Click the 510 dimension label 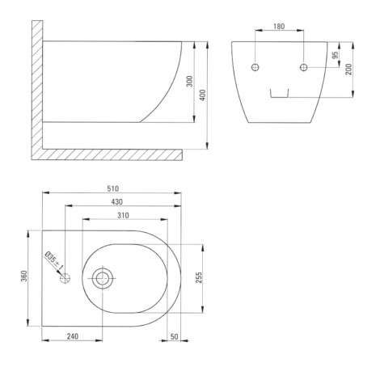[112, 188]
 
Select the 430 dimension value [116, 201]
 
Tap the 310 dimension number [123, 215]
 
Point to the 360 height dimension [24, 276]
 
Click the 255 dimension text [199, 277]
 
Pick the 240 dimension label [73, 336]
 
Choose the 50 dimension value [175, 336]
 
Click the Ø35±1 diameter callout [54, 260]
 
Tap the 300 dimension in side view [190, 81]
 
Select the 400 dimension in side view [203, 95]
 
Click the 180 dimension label [279, 26]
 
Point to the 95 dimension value [335, 55]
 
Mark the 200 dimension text [348, 70]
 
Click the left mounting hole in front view [255, 67]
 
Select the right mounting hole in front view [304, 67]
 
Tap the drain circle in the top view [103, 278]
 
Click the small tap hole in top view [65, 278]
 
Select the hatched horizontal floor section [108, 154]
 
